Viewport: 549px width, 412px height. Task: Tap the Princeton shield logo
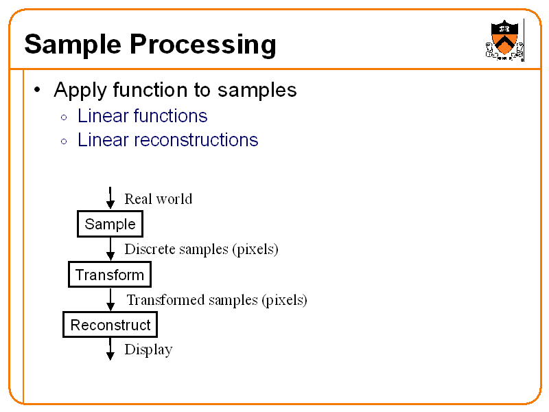point(504,41)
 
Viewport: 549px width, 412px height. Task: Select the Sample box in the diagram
point(110,225)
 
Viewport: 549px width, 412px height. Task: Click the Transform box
point(109,275)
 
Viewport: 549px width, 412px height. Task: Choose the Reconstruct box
point(110,325)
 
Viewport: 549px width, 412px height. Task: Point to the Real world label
point(158,199)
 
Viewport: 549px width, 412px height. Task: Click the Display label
point(148,350)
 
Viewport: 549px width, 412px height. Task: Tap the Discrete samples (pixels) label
point(201,249)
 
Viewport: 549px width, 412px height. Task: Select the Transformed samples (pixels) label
point(217,300)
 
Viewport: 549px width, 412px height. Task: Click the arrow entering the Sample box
point(110,198)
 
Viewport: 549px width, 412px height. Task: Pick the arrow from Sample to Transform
point(110,249)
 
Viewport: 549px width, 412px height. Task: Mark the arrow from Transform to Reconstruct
point(110,300)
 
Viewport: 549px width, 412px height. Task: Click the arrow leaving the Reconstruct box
point(110,349)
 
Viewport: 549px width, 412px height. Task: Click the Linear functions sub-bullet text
point(142,116)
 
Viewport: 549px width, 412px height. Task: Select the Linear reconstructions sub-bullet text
point(167,140)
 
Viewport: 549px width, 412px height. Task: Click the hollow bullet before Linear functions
point(64,117)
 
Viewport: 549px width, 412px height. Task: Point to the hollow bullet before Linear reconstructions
point(64,141)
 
